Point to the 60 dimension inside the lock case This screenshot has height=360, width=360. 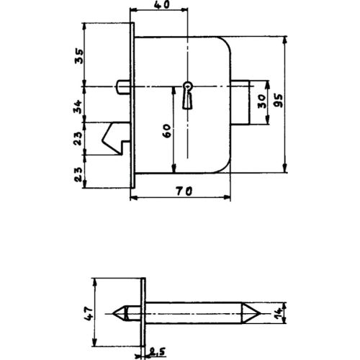tap(166, 131)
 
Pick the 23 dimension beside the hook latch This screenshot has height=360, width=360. tap(80, 139)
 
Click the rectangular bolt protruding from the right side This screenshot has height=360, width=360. tap(238, 103)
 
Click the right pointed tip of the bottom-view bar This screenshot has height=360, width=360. tap(257, 312)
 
